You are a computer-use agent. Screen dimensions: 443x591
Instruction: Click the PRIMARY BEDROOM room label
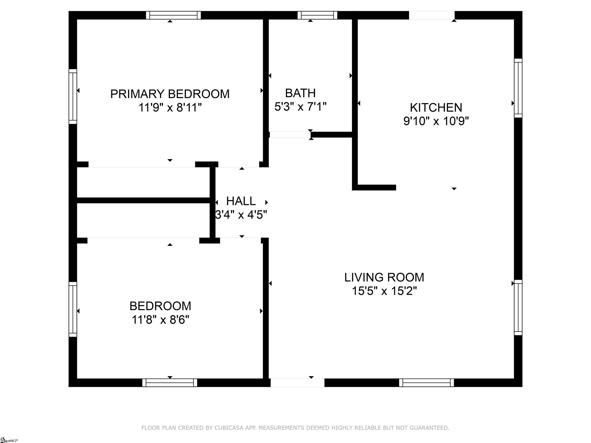tap(170, 94)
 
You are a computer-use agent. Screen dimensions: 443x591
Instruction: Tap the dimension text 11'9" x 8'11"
tap(170, 108)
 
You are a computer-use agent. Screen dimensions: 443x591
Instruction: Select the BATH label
tap(300, 93)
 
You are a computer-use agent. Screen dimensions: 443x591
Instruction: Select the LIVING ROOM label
tap(384, 277)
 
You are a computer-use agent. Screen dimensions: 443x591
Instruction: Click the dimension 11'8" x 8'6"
tap(160, 320)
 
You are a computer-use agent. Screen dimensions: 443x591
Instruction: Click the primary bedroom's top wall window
tap(173, 15)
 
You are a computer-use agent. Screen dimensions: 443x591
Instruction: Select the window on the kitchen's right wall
tap(518, 88)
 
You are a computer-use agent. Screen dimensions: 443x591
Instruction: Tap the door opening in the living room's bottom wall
tap(297, 383)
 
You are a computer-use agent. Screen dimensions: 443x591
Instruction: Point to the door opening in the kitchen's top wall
tap(432, 15)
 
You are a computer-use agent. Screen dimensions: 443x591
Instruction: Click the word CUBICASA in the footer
tap(229, 428)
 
